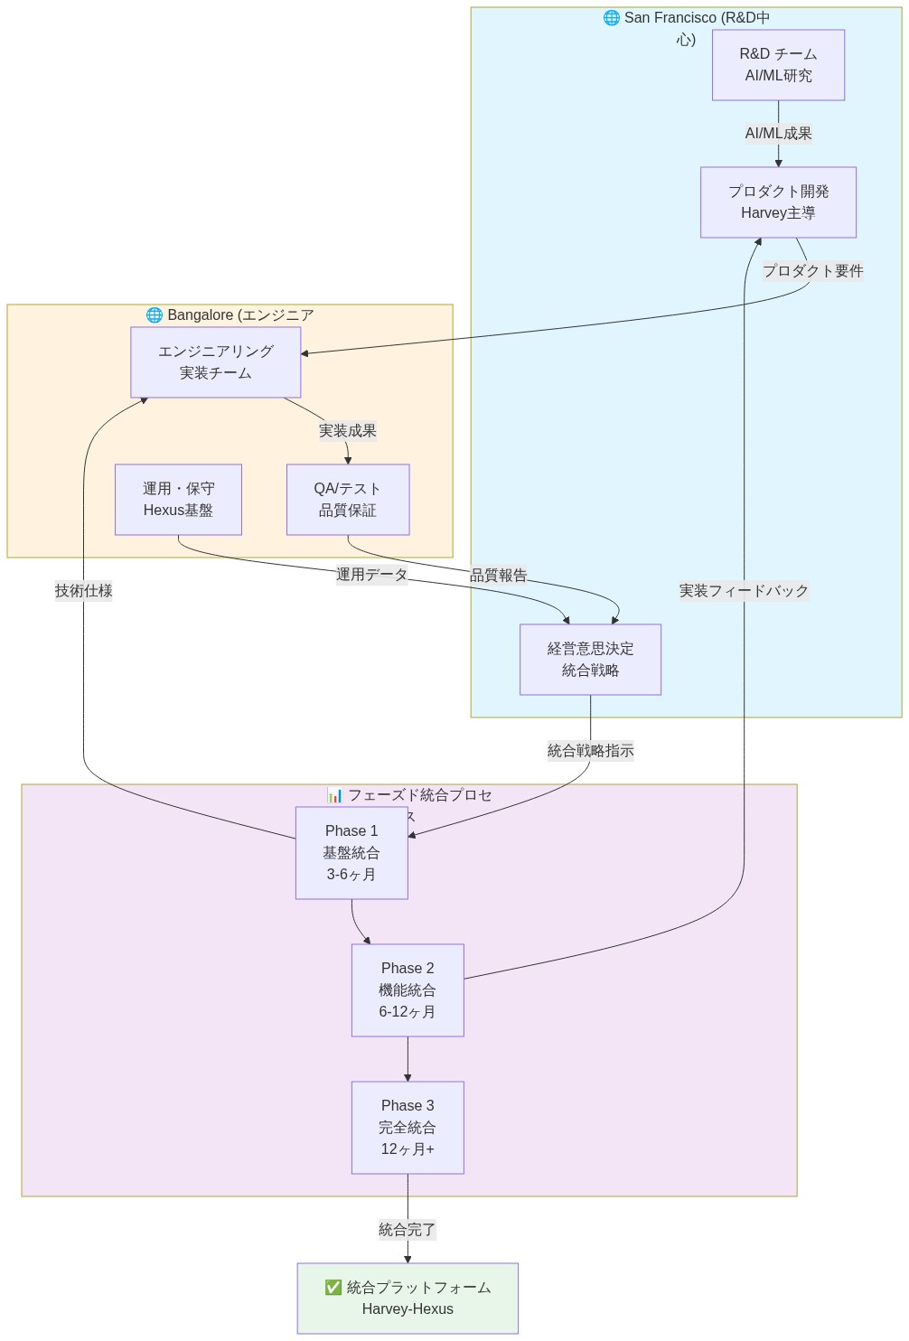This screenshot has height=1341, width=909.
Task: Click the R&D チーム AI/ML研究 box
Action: tap(778, 65)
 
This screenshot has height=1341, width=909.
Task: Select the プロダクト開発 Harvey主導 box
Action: tap(778, 202)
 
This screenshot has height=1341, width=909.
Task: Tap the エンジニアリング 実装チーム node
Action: tap(215, 362)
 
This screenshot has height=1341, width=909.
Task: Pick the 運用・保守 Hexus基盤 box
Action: tap(178, 500)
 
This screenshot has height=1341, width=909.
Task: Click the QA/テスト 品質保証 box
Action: tap(348, 500)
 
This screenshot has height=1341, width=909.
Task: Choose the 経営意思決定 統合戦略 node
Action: tap(590, 660)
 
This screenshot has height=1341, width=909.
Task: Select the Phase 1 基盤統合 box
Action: tap(351, 853)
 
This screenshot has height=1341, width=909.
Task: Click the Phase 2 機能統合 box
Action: tap(408, 990)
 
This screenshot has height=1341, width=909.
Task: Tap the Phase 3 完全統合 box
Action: tap(408, 1128)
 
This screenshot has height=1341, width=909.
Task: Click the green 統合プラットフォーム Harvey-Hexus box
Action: tap(408, 1299)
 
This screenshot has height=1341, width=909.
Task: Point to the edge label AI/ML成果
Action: tap(778, 134)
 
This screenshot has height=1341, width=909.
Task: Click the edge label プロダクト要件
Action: tap(812, 271)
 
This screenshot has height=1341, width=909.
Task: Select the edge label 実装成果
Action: tap(348, 431)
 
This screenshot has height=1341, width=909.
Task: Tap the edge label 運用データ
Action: tap(371, 575)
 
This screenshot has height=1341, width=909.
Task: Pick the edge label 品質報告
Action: tap(499, 576)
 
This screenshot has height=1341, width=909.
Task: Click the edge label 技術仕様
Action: tap(84, 591)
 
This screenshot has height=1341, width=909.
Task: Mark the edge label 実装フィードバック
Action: tap(744, 591)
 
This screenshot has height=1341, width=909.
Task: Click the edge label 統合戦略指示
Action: tap(590, 751)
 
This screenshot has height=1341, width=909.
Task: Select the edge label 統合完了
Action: tap(408, 1230)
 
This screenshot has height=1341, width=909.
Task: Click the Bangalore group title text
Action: tap(230, 315)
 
